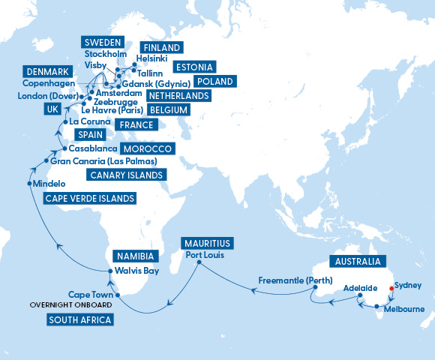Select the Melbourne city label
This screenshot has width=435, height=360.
pyautogui.click(x=404, y=309)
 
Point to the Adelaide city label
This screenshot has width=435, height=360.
pyautogui.click(x=361, y=288)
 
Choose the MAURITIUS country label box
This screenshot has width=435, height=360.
pyautogui.click(x=207, y=243)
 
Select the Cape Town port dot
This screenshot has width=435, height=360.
pyautogui.click(x=118, y=295)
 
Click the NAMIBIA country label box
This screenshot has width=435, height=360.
pyautogui.click(x=133, y=256)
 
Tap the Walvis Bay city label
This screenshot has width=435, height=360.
pyautogui.click(x=136, y=271)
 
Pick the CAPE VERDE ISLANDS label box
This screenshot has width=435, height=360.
pyautogui.click(x=90, y=199)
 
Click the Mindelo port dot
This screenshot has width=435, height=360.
pyautogui.click(x=29, y=184)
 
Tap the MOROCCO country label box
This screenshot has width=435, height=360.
pyautogui.click(x=147, y=148)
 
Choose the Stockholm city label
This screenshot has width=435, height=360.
pyautogui.click(x=106, y=54)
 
